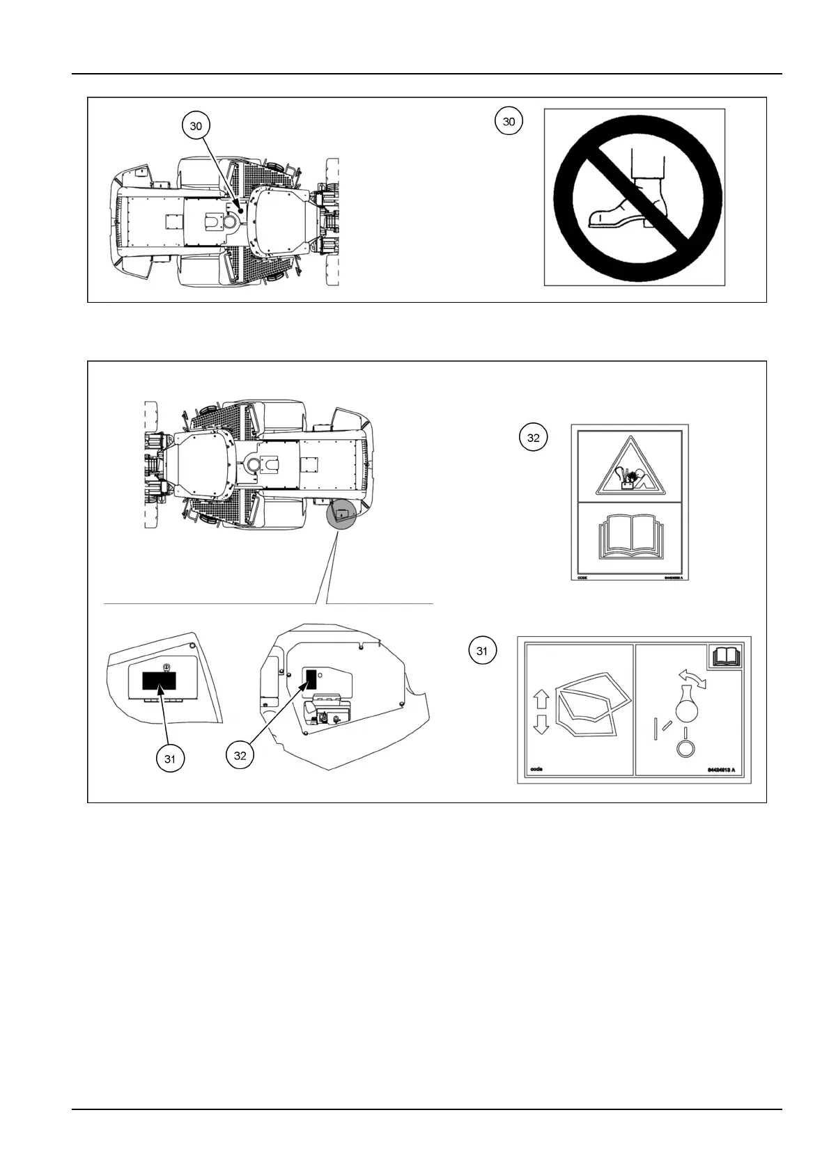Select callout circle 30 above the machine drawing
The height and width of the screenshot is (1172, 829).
coord(196,126)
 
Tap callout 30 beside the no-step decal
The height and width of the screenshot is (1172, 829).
coord(509,121)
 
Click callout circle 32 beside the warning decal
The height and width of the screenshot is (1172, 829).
coord(533,438)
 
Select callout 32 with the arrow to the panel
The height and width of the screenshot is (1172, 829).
coord(240,755)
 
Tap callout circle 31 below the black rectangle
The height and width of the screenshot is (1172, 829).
coord(170,759)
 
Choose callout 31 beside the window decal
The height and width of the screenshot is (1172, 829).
coord(481,651)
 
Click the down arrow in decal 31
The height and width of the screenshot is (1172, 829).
coord(541,726)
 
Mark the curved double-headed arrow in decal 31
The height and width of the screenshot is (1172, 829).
coord(694,679)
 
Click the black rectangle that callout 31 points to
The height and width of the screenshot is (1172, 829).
coord(160,681)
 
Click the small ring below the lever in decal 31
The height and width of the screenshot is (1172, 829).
coord(685,747)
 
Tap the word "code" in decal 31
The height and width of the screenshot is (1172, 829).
coord(536,770)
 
